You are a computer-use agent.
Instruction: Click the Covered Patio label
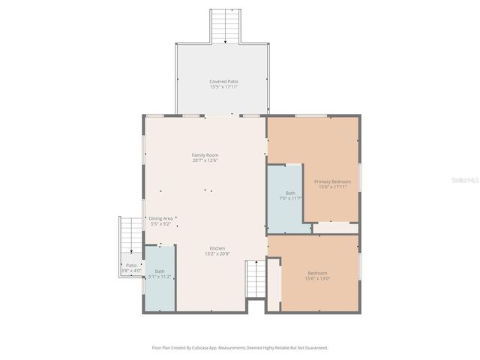pyautogui.click(x=223, y=81)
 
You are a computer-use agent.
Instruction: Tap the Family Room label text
pyautogui.click(x=205, y=155)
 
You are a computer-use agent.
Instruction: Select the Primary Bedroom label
pyautogui.click(x=332, y=181)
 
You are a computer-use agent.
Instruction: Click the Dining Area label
pyautogui.click(x=160, y=218)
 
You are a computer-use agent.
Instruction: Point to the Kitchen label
pyautogui.click(x=217, y=248)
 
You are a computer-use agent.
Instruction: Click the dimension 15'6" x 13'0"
pyautogui.click(x=318, y=278)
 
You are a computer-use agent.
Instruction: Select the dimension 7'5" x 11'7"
pyautogui.click(x=290, y=198)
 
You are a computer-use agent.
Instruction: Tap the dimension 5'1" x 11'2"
pyautogui.click(x=160, y=277)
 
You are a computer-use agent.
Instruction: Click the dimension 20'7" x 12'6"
pyautogui.click(x=205, y=160)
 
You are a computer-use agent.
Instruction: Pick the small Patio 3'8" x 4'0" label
pyautogui.click(x=131, y=268)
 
